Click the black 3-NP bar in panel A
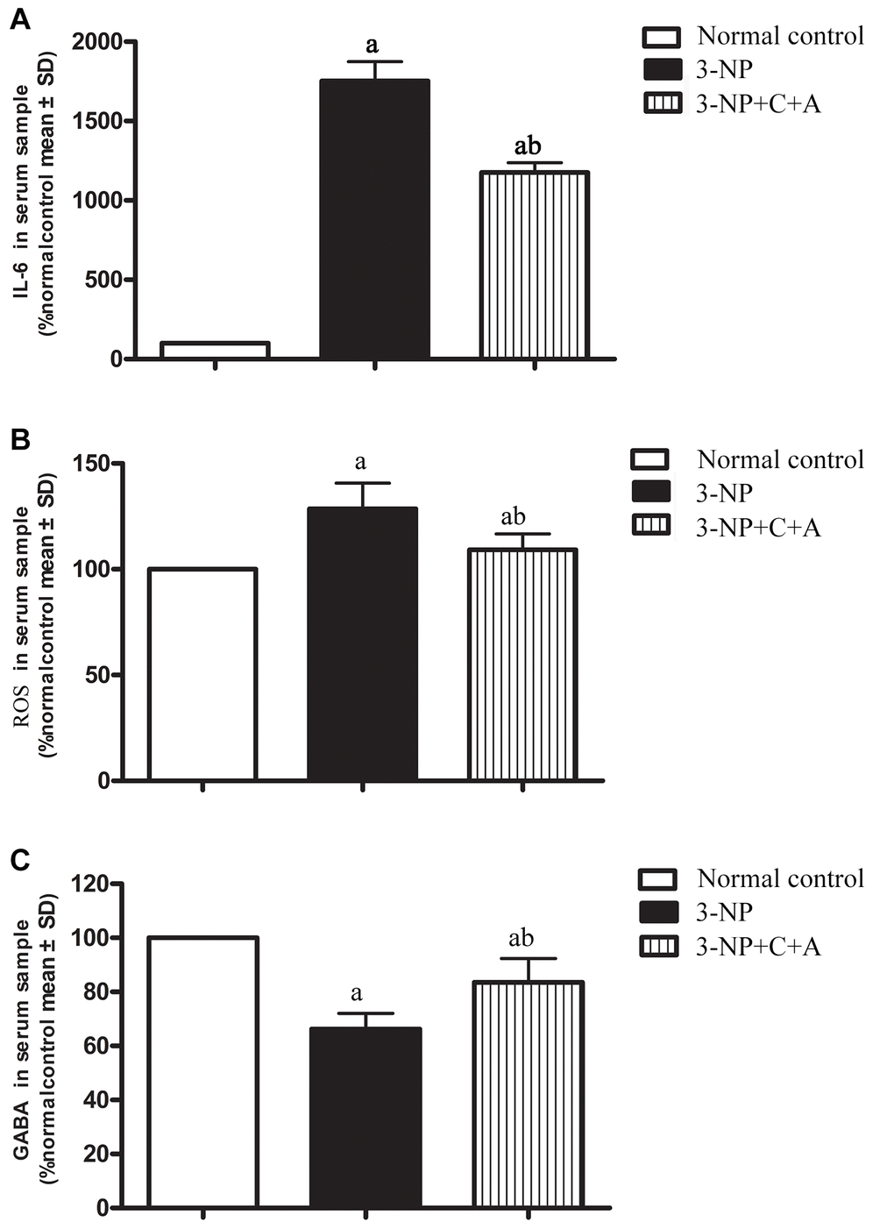[x=374, y=219]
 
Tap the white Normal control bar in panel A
[x=215, y=350]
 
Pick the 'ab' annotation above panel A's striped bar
[x=528, y=146]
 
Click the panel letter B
[x=19, y=440]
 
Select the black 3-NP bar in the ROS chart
[x=362, y=644]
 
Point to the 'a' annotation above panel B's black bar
[x=360, y=462]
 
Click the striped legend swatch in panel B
[x=649, y=526]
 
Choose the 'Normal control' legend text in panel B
[x=780, y=459]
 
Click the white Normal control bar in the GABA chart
[x=202, y=1072]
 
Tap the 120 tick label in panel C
[x=96, y=884]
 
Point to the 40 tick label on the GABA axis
[x=103, y=1100]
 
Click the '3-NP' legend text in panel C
[x=724, y=912]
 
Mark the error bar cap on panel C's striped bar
[x=528, y=959]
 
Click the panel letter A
[x=19, y=19]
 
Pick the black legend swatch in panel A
[x=662, y=69]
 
